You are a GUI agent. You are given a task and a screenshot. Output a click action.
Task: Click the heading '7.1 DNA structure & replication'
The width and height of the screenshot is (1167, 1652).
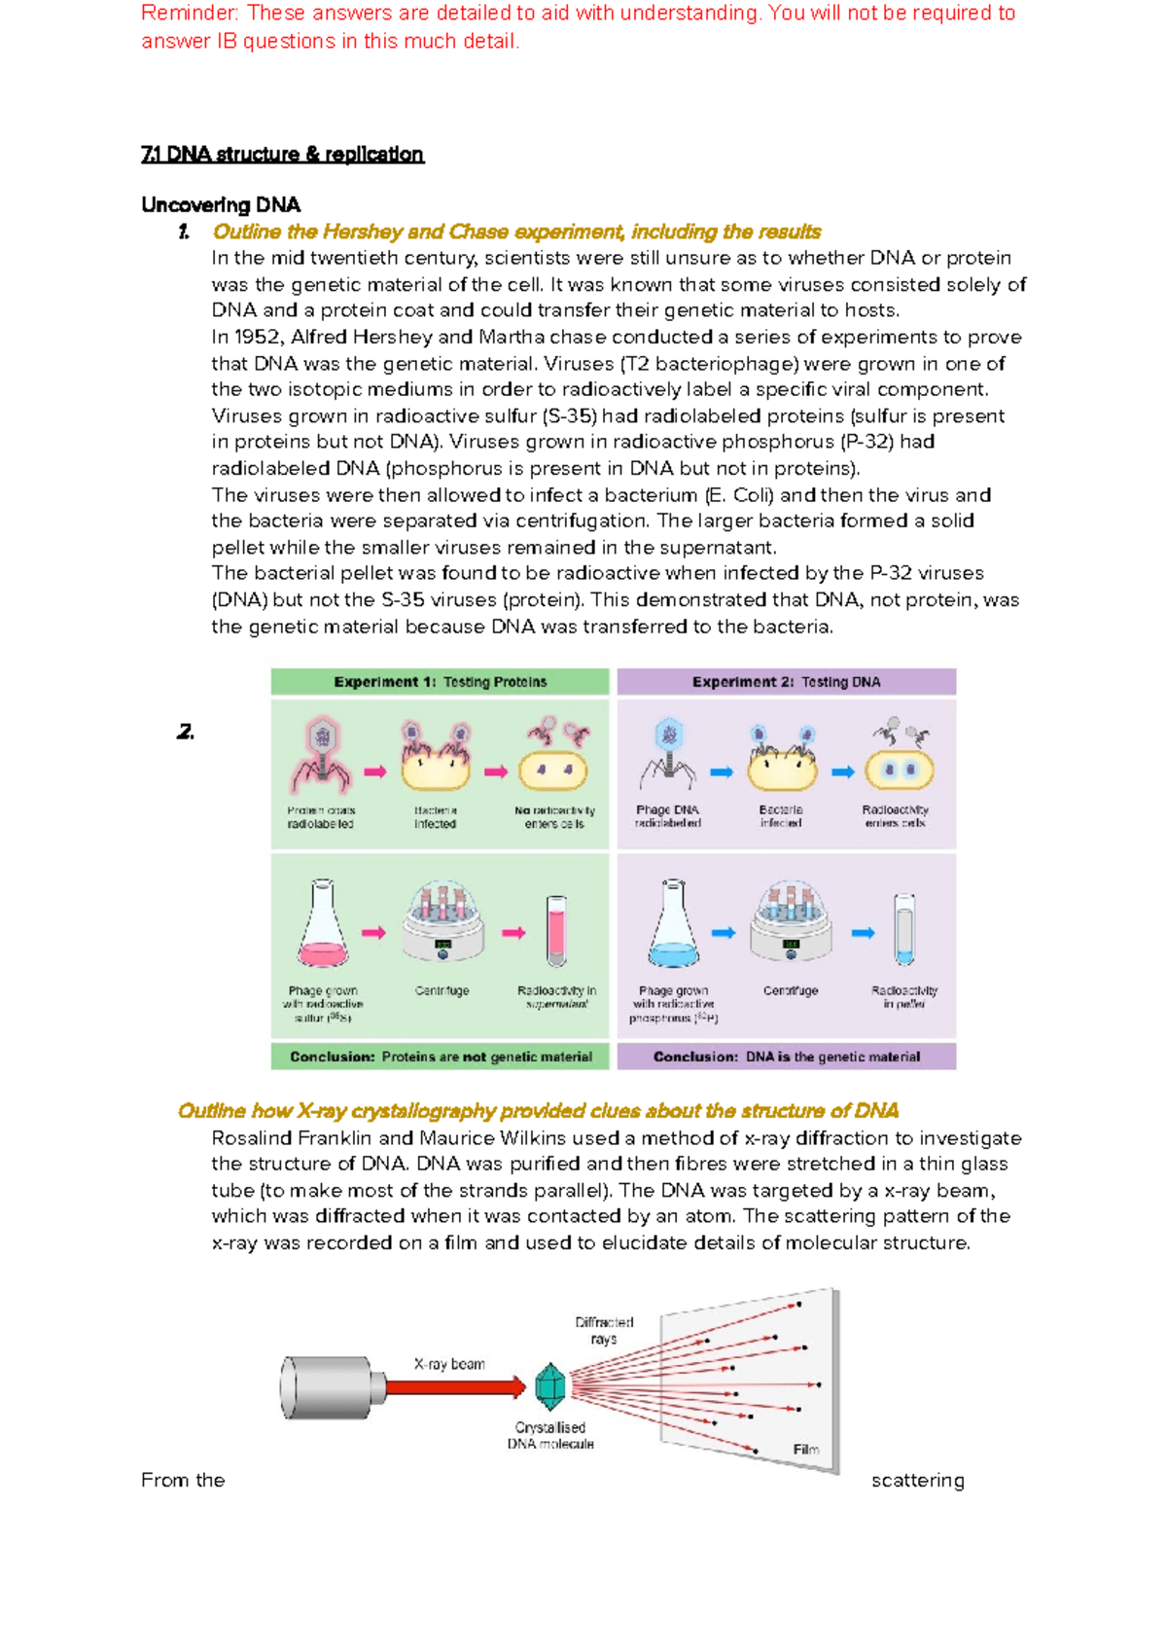(x=282, y=155)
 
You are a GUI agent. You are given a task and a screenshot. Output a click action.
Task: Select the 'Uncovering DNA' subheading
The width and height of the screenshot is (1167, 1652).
(x=221, y=205)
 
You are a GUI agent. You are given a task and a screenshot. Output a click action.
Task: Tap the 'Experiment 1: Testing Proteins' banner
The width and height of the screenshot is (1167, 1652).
(x=440, y=682)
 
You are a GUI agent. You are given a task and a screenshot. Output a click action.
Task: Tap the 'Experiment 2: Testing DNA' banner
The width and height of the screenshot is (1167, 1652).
(x=786, y=682)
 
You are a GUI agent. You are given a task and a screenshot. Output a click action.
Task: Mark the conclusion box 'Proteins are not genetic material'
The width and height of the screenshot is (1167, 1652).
(x=440, y=1057)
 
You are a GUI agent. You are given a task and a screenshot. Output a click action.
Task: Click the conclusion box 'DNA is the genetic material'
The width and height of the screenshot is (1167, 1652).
(x=786, y=1057)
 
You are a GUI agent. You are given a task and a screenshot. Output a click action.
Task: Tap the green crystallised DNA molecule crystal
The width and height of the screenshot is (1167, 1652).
(x=550, y=1386)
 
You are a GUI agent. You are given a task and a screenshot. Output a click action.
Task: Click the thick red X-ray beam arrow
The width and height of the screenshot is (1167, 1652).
(x=452, y=1386)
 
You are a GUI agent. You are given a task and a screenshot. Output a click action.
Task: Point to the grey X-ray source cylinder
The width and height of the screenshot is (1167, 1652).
(x=326, y=1387)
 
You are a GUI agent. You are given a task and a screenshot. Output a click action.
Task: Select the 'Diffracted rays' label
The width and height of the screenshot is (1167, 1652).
(x=604, y=1330)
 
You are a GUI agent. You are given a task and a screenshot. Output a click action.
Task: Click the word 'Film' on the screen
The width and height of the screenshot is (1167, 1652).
(x=805, y=1450)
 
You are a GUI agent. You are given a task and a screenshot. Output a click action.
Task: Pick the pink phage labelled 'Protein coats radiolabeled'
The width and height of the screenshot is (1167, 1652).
(x=321, y=754)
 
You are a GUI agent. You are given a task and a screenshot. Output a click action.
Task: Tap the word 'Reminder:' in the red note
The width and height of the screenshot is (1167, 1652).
(x=190, y=14)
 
